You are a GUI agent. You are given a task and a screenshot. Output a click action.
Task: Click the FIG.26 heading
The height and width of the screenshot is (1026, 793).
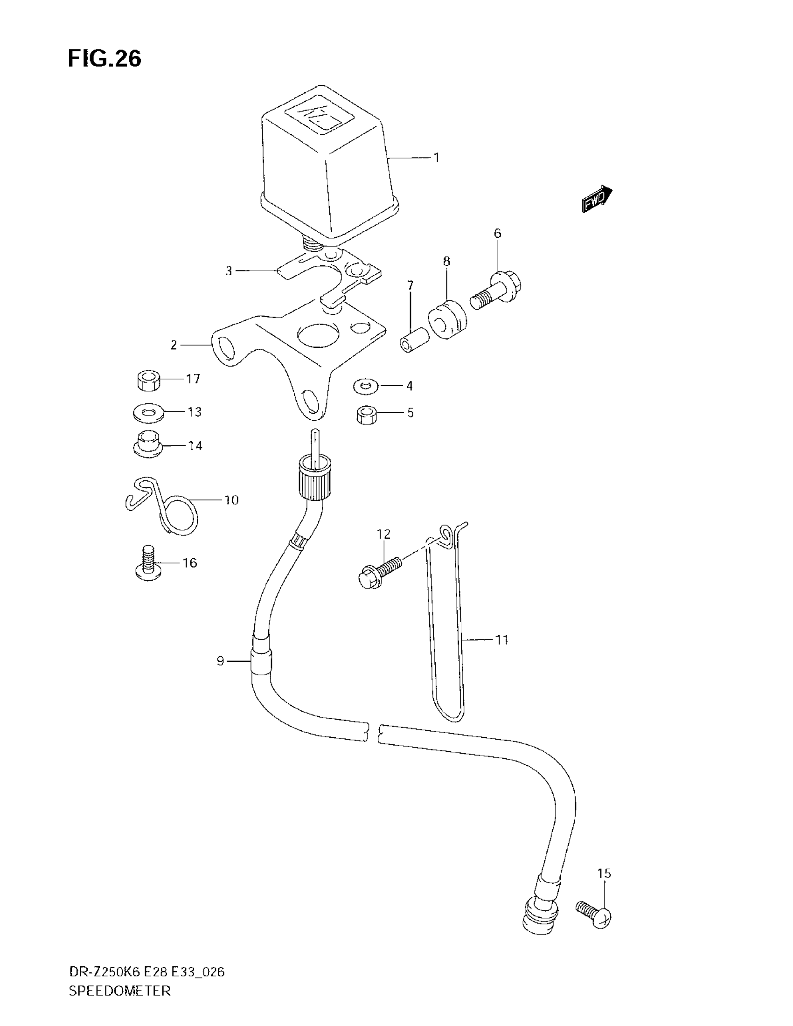[x=104, y=59]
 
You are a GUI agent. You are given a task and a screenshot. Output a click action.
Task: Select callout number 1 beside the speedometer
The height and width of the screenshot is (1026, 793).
[x=437, y=158]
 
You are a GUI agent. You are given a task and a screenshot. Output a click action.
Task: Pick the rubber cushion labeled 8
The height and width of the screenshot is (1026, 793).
[x=448, y=319]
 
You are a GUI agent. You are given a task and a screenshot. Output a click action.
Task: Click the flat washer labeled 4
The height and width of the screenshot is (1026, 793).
[x=366, y=387]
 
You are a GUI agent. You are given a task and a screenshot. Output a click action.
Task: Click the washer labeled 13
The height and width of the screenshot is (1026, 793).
[x=147, y=413]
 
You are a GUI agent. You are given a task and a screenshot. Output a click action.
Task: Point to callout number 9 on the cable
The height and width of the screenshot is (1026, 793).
[x=220, y=661]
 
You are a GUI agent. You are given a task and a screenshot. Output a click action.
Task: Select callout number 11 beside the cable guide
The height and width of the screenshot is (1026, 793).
[x=502, y=640]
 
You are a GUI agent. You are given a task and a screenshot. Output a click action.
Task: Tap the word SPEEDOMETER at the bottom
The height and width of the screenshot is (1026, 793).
[x=119, y=1005]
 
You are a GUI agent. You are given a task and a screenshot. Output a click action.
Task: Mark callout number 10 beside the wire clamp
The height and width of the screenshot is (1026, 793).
[x=231, y=500]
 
